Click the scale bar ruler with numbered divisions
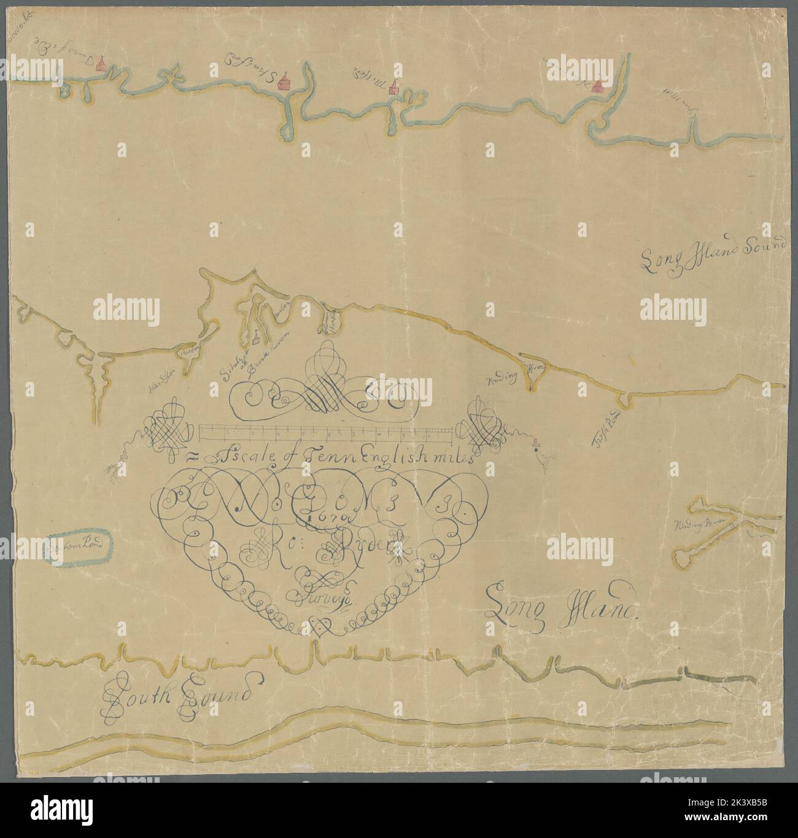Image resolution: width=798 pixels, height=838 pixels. click(x=326, y=433)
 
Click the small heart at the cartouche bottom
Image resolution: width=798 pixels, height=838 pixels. click(x=319, y=626)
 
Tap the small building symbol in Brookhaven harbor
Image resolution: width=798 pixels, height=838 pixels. click(x=254, y=336)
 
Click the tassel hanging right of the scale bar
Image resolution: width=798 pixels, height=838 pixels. click(x=542, y=457)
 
